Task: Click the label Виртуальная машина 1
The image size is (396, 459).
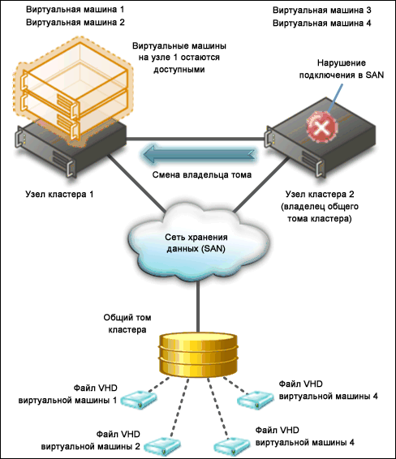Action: coord(75,10)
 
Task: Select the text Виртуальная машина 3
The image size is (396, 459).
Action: coord(322,11)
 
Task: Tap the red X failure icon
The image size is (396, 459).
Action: coord(321,127)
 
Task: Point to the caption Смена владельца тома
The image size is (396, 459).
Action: coord(202,174)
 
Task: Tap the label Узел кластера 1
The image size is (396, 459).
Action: coord(59,194)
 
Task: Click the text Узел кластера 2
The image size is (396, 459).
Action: coord(320,194)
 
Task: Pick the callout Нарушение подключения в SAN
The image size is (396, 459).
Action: coord(342,69)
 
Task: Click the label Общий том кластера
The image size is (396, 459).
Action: coord(127,324)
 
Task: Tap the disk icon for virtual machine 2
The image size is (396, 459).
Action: coord(161,447)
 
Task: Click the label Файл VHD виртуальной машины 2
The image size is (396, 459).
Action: coord(91,440)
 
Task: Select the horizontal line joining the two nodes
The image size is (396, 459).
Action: coord(196,139)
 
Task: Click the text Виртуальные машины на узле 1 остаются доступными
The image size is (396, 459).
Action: coord(179,58)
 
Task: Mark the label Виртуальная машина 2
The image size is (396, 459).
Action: coord(75,22)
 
